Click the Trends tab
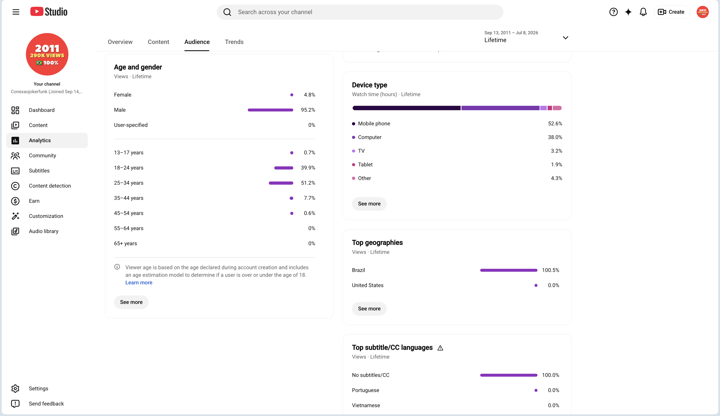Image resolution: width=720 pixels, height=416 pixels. tap(234, 42)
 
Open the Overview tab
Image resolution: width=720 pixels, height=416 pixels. tap(120, 42)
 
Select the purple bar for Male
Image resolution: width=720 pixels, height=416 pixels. tap(270, 110)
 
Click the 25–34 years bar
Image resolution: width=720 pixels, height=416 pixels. tap(281, 183)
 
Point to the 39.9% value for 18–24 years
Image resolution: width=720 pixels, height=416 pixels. tap(308, 168)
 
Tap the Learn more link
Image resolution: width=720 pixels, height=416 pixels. tap(139, 282)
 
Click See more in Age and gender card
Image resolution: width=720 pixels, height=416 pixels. tap(131, 302)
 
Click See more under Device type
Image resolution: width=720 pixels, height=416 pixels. tap(369, 204)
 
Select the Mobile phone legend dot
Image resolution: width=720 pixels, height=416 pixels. tap(353, 124)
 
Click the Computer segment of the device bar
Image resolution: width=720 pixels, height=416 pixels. tap(500, 108)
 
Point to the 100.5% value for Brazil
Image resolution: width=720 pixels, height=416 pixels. tap(551, 270)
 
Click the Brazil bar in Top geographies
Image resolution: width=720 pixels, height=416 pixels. tap(509, 270)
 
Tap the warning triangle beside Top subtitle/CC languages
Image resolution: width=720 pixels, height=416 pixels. tap(440, 348)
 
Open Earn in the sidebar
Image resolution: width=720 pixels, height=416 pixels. tap(34, 201)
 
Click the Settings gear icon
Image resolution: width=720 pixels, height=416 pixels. tap(15, 389)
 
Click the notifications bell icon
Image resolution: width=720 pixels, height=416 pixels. tap(643, 12)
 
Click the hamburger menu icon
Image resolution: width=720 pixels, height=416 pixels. tap(16, 12)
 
